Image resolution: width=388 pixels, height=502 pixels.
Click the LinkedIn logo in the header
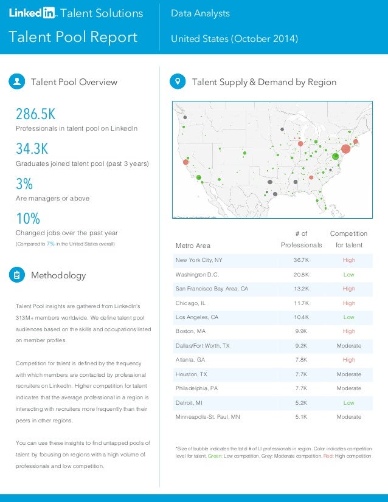pyautogui.click(x=32, y=13)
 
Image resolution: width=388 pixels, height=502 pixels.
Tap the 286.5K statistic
pyautogui.click(x=35, y=114)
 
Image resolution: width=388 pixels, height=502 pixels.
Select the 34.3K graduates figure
pyautogui.click(x=32, y=149)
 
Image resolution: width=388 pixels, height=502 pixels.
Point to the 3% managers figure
pyautogui.click(x=24, y=184)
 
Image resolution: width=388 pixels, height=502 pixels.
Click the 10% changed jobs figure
pyautogui.click(x=27, y=218)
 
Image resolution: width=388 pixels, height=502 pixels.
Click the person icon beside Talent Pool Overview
pyautogui.click(x=16, y=81)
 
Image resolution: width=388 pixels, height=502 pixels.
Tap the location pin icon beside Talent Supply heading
pyautogui.click(x=178, y=81)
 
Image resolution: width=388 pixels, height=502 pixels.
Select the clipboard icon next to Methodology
pyautogui.click(x=16, y=275)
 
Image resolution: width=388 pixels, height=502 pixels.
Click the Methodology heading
pyautogui.click(x=58, y=275)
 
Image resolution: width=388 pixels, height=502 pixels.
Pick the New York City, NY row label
pyautogui.click(x=198, y=260)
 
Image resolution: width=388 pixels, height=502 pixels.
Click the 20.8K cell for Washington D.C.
pyautogui.click(x=301, y=275)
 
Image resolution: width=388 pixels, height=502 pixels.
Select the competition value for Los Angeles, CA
pyautogui.click(x=348, y=317)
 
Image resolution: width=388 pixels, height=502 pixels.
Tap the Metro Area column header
pyautogui.click(x=193, y=246)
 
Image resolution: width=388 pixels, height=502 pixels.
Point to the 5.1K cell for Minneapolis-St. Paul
pyautogui.click(x=301, y=417)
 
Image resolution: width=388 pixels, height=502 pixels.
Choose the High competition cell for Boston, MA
pyautogui.click(x=348, y=332)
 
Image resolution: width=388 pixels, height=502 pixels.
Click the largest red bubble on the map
pyautogui.click(x=345, y=148)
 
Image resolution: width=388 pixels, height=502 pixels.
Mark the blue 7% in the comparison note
pyautogui.click(x=50, y=244)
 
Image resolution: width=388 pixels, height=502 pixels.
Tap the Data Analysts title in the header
pyautogui.click(x=200, y=13)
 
